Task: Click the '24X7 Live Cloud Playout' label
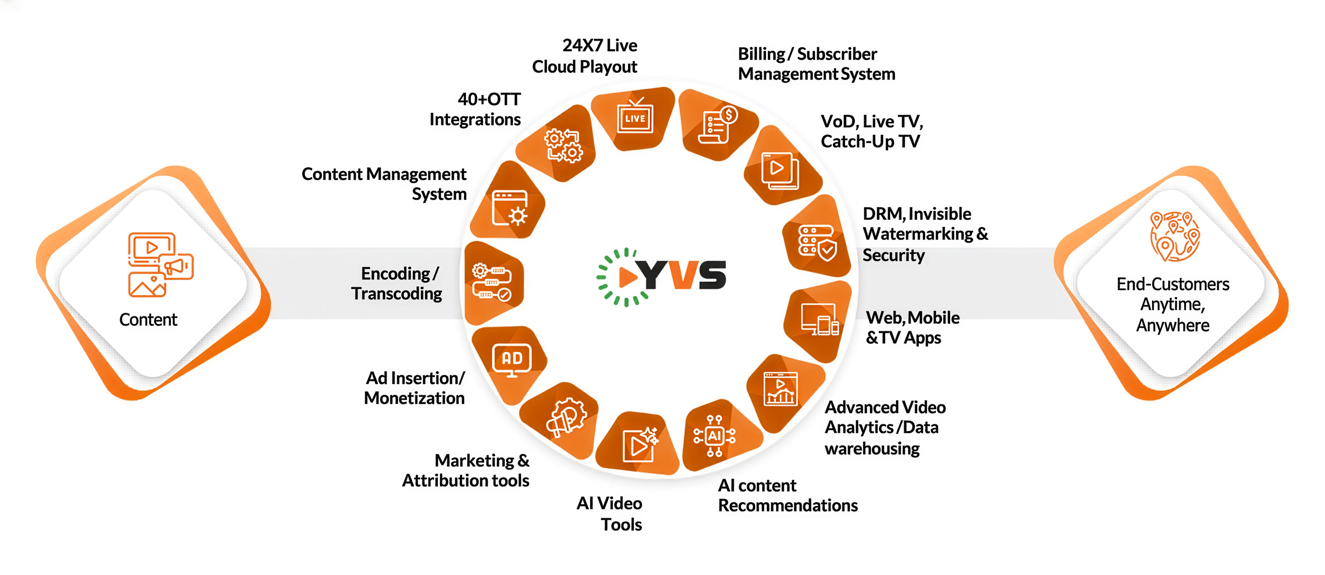point(585,56)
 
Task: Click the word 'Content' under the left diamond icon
point(148,319)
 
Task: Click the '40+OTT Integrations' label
point(475,109)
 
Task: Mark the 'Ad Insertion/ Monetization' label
point(414,388)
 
